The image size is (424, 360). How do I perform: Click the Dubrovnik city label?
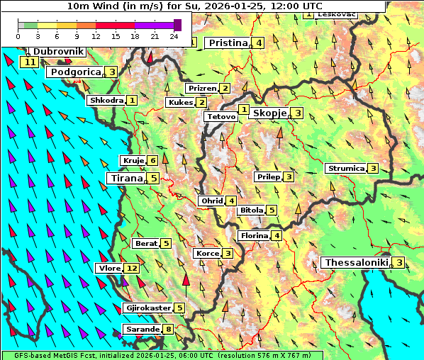(x=59, y=52)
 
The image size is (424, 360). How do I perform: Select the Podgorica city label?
(x=74, y=72)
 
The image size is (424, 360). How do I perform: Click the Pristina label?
(x=228, y=43)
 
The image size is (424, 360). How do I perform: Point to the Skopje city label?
(x=269, y=113)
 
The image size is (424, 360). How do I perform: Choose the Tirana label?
(x=125, y=179)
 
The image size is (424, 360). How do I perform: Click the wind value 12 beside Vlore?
(x=132, y=269)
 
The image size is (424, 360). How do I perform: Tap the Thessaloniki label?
(x=357, y=263)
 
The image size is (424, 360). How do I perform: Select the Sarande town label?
(x=141, y=330)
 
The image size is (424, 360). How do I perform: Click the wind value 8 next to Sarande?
(x=168, y=330)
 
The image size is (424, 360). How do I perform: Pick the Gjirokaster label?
(x=147, y=308)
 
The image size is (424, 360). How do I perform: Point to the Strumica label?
(x=345, y=169)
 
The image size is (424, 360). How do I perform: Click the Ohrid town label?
(x=211, y=201)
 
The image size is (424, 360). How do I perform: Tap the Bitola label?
(x=251, y=210)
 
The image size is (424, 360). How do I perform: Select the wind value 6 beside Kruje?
(x=152, y=161)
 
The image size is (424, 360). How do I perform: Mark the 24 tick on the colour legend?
(x=174, y=35)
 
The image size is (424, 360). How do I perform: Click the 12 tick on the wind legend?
(x=96, y=35)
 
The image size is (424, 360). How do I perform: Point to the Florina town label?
(x=254, y=236)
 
